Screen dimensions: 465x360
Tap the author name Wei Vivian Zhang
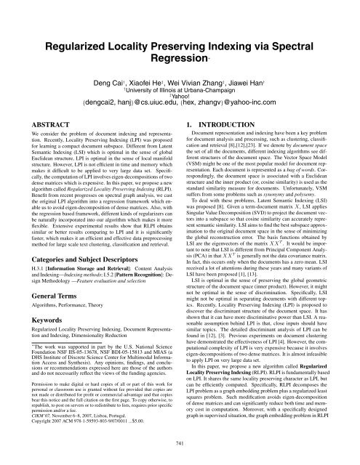212,63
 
